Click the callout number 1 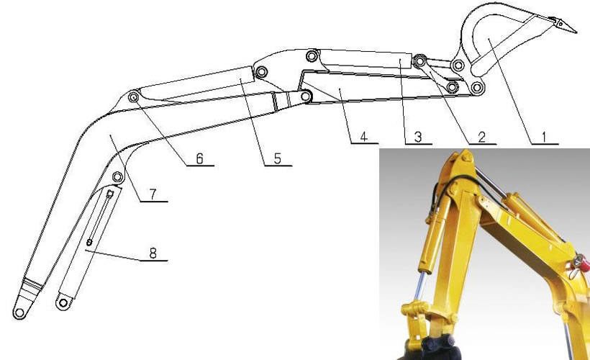(544, 138)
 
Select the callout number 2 (482, 138)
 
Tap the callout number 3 (417, 138)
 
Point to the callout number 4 (363, 137)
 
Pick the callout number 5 (277, 159)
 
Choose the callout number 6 (199, 159)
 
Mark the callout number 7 (153, 194)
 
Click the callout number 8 (153, 253)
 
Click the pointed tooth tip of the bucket (576, 32)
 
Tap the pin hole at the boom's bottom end (19, 312)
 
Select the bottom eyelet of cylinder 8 (63, 303)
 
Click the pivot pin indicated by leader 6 (133, 96)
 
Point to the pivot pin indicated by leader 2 (419, 61)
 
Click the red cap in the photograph (580, 262)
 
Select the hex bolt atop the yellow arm (466, 157)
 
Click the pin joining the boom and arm (307, 96)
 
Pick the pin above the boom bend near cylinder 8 (118, 176)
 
